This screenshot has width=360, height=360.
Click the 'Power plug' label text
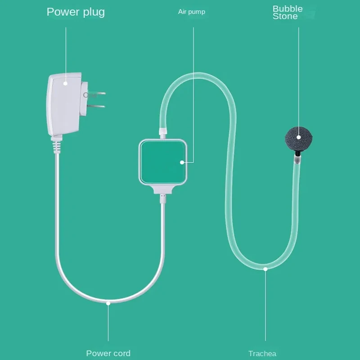[76, 12]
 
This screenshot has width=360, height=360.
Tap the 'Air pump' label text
[191, 12]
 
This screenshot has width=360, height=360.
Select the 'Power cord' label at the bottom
[108, 353]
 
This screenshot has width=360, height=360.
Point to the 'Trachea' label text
[262, 353]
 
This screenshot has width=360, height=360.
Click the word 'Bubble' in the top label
[288, 9]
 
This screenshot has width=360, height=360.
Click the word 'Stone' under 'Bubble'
[285, 17]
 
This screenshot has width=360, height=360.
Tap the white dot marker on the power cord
[108, 303]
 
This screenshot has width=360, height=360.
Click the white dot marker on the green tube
[265, 269]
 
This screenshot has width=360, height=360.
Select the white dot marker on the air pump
[182, 162]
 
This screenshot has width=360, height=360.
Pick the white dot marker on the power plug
[65, 83]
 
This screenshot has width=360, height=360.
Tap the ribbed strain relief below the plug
[56, 146]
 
